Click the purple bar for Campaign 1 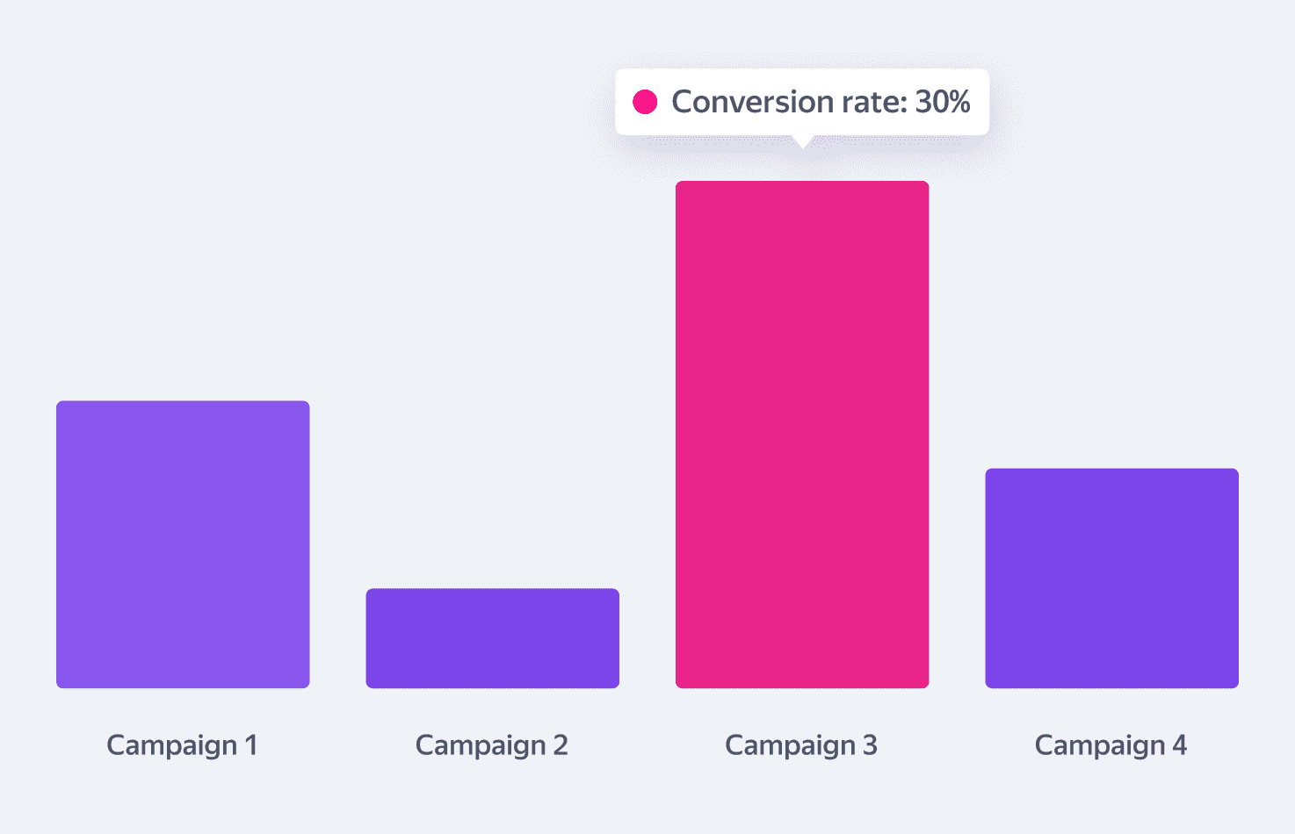tap(183, 544)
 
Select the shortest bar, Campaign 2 tap(492, 638)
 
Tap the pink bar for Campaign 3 tap(802, 435)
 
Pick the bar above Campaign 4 tap(1111, 578)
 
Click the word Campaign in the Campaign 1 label tap(171, 745)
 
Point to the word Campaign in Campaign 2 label tap(481, 745)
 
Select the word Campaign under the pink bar tap(790, 745)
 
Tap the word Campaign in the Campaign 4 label tap(1099, 745)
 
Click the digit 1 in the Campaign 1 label tap(251, 745)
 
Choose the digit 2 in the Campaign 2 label tap(561, 745)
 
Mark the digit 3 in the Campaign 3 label tap(870, 745)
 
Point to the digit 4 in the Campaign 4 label tap(1179, 745)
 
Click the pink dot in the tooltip tap(645, 102)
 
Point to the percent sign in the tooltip tap(959, 102)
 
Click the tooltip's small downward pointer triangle tap(802, 141)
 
